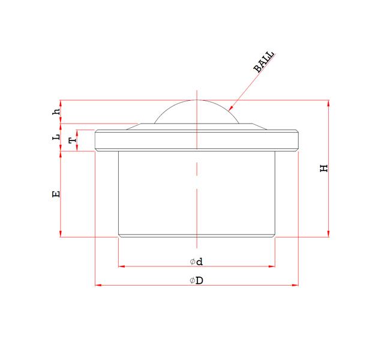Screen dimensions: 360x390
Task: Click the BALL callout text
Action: pyautogui.click(x=264, y=62)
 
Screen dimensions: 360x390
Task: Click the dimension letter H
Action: pyautogui.click(x=325, y=168)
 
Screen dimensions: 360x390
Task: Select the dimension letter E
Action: pyautogui.click(x=56, y=194)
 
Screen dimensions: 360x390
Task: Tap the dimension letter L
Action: pyautogui.click(x=56, y=137)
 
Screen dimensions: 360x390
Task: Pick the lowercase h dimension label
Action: pyautogui.click(x=56, y=112)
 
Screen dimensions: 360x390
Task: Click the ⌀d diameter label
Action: pyautogui.click(x=196, y=262)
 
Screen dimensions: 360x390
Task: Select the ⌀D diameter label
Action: pyautogui.click(x=196, y=281)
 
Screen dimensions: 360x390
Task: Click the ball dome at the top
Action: pyautogui.click(x=196, y=112)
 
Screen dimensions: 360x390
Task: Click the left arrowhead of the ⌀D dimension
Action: pyautogui.click(x=98, y=285)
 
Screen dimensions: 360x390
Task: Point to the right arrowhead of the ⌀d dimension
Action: pyautogui.click(x=272, y=265)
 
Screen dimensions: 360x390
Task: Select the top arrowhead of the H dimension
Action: pyautogui.click(x=328, y=103)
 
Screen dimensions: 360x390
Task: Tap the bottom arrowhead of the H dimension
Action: pyautogui.click(x=328, y=234)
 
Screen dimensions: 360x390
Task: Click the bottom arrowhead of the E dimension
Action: pyautogui.click(x=61, y=234)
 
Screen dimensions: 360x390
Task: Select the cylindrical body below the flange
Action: pyautogui.click(x=196, y=192)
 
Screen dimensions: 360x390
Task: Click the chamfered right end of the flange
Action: pyautogui.click(x=296, y=140)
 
